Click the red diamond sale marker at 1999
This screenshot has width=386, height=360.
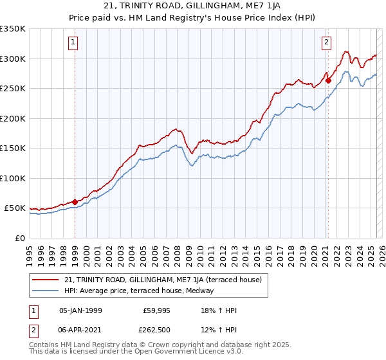[x=75, y=202]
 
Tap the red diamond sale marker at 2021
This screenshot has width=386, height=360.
[x=328, y=80]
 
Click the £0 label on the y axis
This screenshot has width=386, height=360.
[x=19, y=238]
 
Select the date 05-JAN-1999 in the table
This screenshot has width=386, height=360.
[x=80, y=310]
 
